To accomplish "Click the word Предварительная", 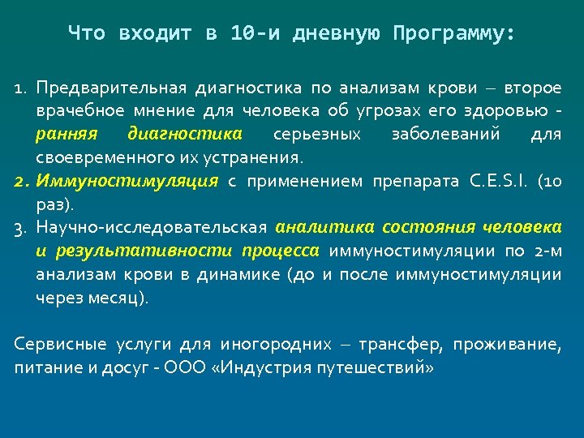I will tap(112, 88).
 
